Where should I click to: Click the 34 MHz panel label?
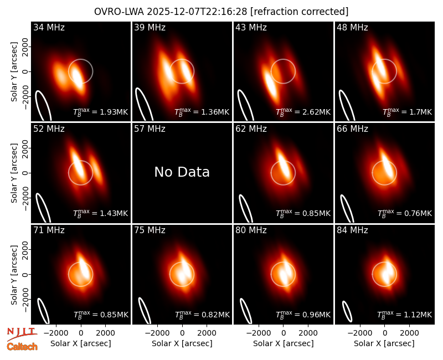pos(49,27)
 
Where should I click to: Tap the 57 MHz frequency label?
pos(150,129)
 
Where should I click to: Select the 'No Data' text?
pos(182,172)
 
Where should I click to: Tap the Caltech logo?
pos(22,347)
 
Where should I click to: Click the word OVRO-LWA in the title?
pos(119,12)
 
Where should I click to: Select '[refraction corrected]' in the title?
pos(300,12)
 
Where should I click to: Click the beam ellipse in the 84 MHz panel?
pos(347,311)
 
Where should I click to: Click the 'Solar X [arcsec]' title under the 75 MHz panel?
pos(182,343)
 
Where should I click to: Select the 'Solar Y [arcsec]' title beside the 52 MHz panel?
pos(14,173)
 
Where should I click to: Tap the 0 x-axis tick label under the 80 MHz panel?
pos(284,333)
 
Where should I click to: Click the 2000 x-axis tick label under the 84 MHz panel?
pos(409,333)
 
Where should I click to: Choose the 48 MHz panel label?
pos(352,27)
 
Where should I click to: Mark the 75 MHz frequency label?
pos(150,230)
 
